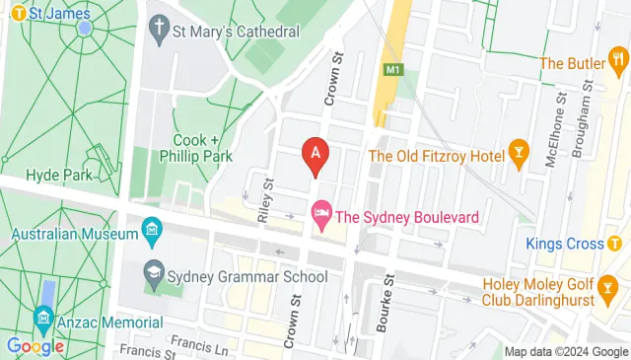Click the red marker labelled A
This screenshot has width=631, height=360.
click(x=315, y=155)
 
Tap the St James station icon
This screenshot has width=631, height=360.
click(x=17, y=14)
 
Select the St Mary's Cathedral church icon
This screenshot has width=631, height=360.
click(x=160, y=31)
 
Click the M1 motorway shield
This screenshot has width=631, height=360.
click(x=394, y=69)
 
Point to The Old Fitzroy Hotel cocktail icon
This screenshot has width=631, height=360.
click(x=518, y=156)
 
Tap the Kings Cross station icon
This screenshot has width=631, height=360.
click(x=614, y=244)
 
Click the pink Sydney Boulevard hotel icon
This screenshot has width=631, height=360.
click(x=320, y=213)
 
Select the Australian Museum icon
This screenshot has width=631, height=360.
click(x=152, y=234)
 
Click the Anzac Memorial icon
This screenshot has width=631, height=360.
click(x=43, y=319)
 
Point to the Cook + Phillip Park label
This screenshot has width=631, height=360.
click(x=203, y=148)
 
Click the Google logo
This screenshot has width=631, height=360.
click(x=35, y=345)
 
